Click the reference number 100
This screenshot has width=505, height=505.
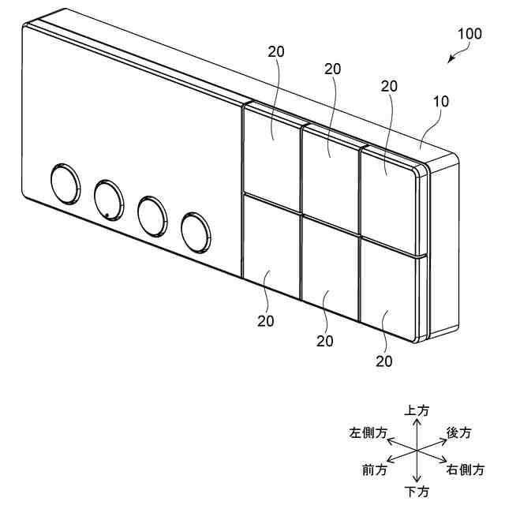click(469, 34)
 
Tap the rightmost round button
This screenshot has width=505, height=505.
click(196, 230)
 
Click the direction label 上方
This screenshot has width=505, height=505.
click(417, 410)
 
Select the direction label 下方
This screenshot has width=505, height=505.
click(417, 492)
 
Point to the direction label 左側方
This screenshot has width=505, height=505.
click(368, 433)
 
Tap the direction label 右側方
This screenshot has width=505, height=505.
click(466, 470)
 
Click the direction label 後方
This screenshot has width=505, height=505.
click(459, 432)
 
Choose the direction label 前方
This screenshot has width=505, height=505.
click(375, 470)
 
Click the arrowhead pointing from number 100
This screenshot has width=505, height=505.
click(451, 59)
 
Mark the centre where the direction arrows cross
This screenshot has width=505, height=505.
click(417, 451)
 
